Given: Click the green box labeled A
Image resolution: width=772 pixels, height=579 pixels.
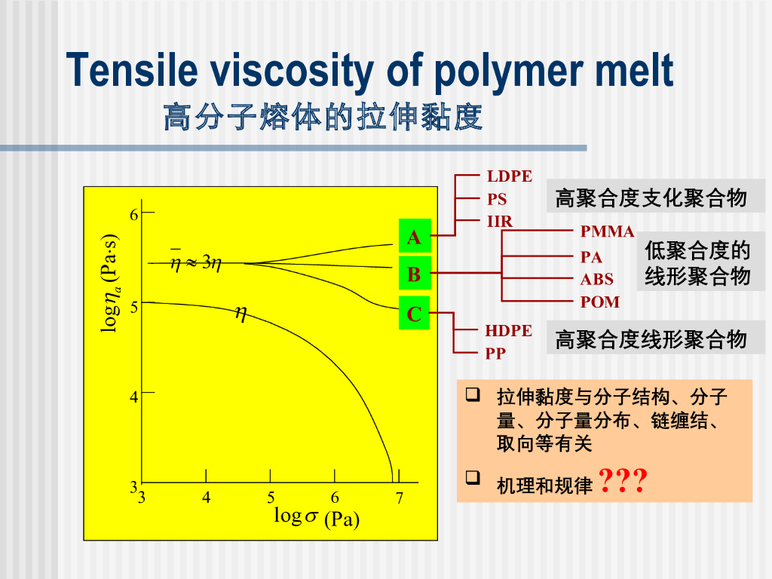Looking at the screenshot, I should click(414, 237).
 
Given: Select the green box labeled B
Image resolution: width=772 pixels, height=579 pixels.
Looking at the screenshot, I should click(414, 274).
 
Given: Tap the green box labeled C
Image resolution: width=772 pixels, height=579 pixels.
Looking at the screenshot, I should click(414, 314).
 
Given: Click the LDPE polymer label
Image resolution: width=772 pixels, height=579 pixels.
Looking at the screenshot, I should click(509, 176).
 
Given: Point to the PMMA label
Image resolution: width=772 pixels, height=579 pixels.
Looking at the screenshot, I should click(607, 231).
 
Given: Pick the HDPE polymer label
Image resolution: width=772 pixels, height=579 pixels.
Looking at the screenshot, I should click(508, 331).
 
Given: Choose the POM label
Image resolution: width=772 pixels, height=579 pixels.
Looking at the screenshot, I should click(599, 302).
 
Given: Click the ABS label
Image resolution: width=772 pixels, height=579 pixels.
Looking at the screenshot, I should click(596, 280).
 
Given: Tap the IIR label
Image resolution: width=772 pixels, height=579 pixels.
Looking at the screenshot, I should click(499, 222).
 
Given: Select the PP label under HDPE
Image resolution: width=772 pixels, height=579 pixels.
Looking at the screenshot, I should click(495, 353).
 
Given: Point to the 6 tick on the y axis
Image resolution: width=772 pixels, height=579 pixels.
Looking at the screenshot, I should click(134, 214).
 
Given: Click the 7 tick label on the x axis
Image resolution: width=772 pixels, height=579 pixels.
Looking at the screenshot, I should click(400, 498).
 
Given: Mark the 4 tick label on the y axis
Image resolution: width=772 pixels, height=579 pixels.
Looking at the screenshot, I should click(134, 395).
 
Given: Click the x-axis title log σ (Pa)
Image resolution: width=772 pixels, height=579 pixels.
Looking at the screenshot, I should click(316, 518).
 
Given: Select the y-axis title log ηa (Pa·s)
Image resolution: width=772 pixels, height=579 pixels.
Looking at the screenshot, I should click(111, 283).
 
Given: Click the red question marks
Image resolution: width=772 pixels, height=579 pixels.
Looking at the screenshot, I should click(622, 480).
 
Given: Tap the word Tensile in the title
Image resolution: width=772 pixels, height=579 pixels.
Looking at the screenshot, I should click(131, 71).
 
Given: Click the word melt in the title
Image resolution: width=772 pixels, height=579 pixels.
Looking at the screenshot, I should click(635, 71).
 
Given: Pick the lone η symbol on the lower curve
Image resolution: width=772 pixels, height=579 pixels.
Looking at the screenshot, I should click(241, 313).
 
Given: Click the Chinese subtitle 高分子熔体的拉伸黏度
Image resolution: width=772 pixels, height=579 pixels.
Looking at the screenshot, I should click(322, 118).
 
